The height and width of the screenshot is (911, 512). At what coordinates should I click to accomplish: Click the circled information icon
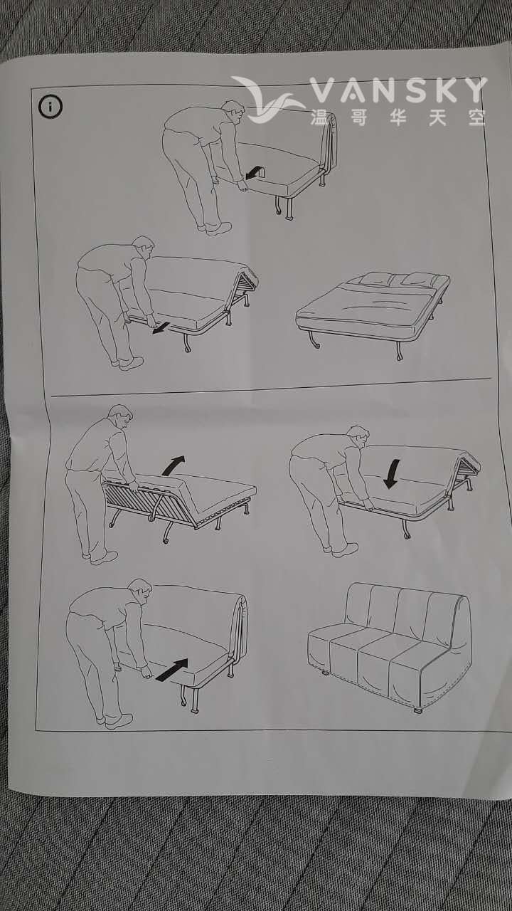pos(50,107)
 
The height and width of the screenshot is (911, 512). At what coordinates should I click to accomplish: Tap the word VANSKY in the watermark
pos(399,90)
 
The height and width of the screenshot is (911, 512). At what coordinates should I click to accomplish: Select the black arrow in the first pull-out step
pos(255,172)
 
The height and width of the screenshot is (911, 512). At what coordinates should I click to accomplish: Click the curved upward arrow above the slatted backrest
pos(174,465)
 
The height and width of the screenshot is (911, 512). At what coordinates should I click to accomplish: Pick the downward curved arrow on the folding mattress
pos(391,473)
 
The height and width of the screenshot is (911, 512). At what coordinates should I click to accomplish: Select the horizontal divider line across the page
pos(271,386)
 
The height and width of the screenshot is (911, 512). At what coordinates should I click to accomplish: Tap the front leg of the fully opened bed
pos(315,339)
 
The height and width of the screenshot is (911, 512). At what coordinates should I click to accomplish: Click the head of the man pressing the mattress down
pos(359,438)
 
